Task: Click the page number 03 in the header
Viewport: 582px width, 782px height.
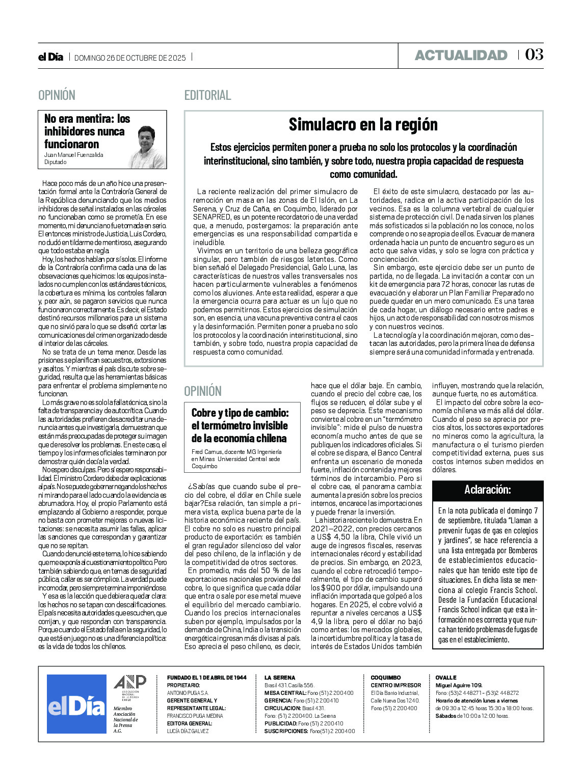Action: click(534, 55)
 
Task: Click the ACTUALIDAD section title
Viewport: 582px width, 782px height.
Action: click(461, 55)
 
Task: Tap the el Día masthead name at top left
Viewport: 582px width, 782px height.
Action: click(51, 57)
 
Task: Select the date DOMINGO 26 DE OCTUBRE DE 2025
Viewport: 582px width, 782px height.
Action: click(130, 58)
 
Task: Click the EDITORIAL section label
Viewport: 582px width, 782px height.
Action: click(207, 95)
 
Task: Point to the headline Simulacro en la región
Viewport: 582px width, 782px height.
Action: click(363, 124)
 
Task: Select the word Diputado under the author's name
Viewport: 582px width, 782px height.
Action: click(55, 162)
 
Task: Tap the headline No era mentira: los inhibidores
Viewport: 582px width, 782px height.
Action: click(87, 131)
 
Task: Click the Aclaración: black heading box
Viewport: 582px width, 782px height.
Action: click(487, 490)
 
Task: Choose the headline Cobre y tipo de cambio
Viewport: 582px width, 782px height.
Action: click(240, 425)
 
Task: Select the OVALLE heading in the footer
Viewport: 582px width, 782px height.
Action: click(446, 678)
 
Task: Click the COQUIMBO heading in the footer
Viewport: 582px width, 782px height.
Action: click(385, 678)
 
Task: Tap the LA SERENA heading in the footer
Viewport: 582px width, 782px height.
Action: click(279, 678)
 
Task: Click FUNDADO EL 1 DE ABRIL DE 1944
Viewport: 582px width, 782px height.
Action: click(206, 678)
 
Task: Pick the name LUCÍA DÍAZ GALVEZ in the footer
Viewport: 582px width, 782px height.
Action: click(188, 731)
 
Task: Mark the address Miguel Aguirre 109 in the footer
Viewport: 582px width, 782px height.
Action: click(459, 685)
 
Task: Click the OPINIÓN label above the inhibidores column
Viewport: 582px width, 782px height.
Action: click(57, 95)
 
